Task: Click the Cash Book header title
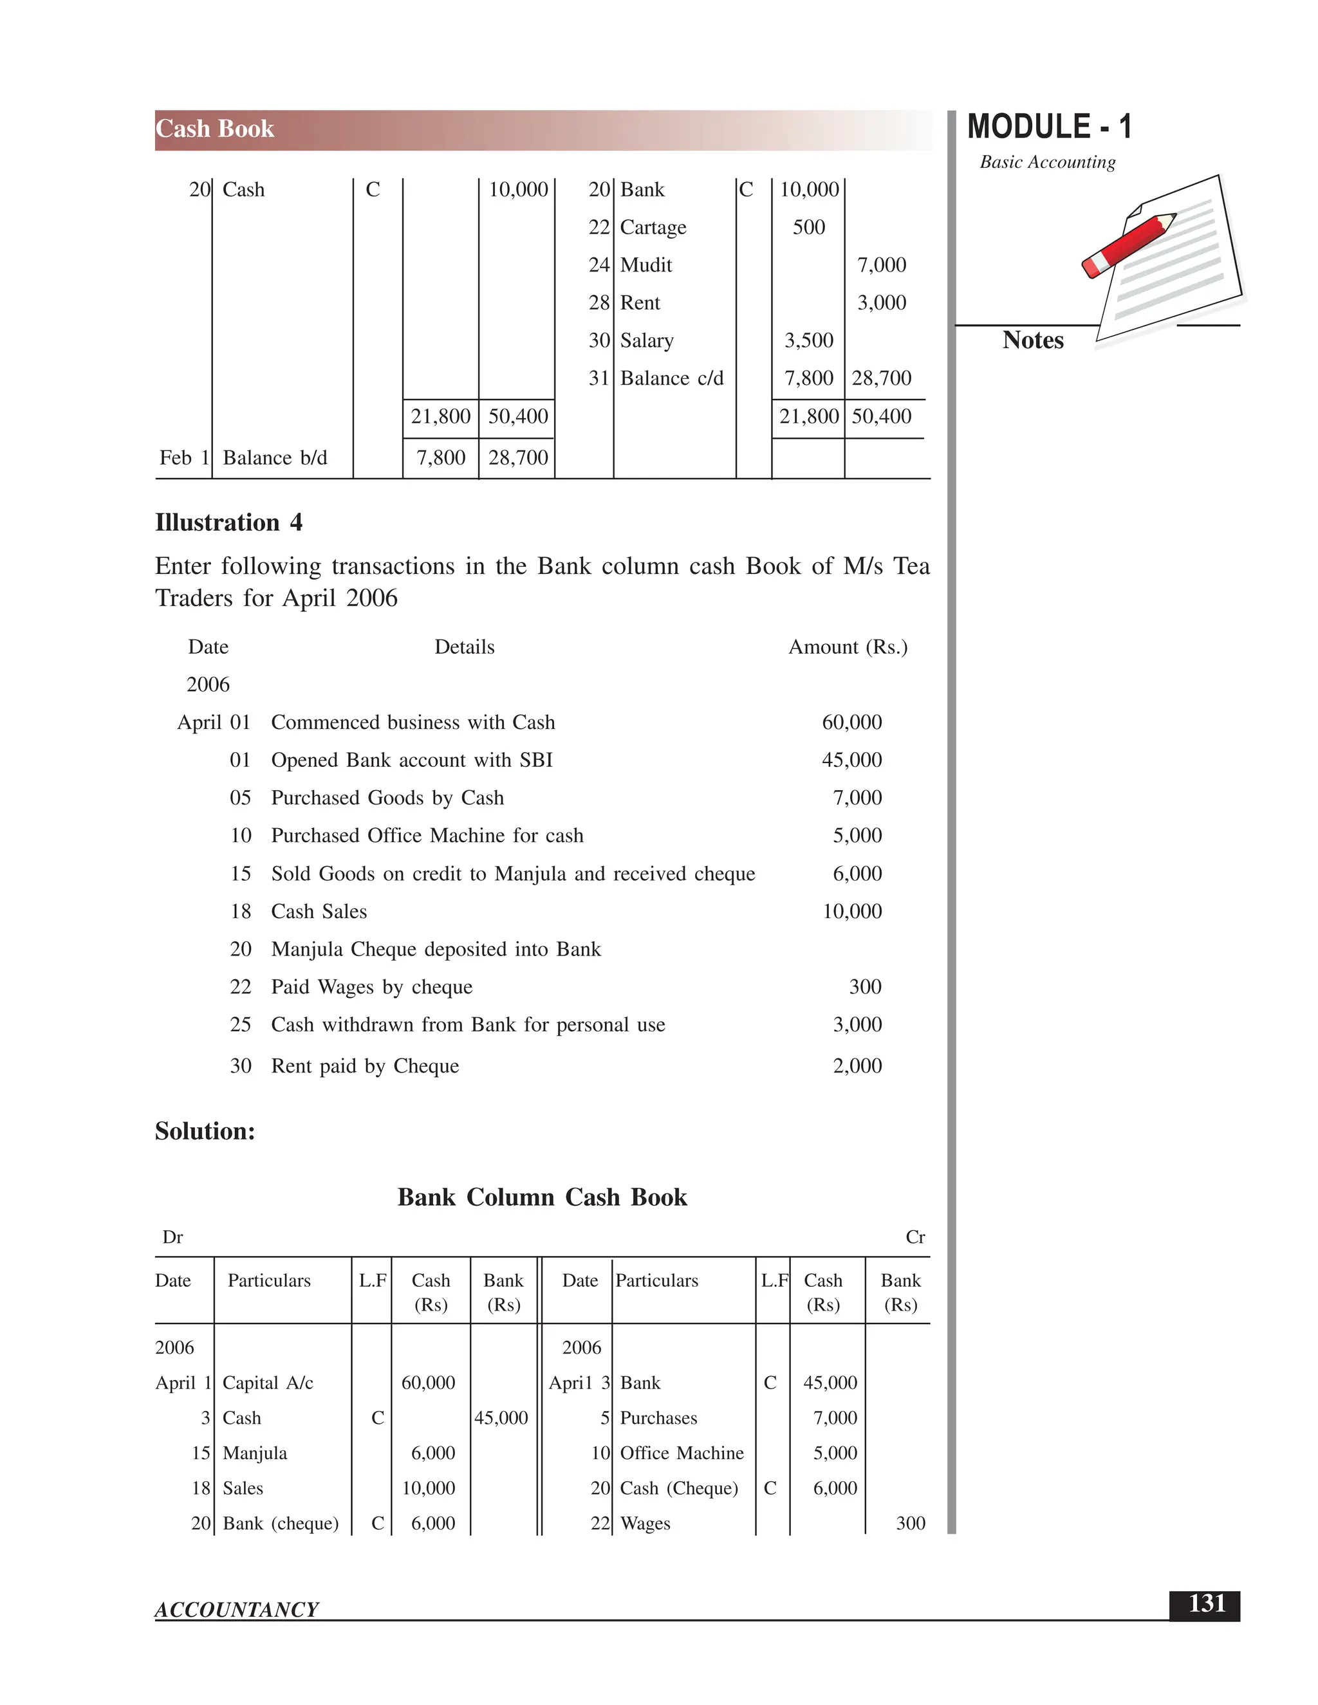click(215, 129)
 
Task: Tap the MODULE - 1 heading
click(1048, 127)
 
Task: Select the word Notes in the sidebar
click(1032, 340)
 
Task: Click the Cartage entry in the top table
click(653, 227)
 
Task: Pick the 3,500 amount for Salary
click(808, 340)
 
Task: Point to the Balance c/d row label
click(671, 378)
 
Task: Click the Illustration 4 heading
click(228, 522)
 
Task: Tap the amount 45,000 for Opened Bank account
click(851, 760)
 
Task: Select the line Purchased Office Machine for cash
click(427, 835)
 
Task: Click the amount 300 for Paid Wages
click(865, 987)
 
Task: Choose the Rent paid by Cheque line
click(365, 1065)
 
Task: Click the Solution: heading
click(205, 1131)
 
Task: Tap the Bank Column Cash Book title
click(542, 1197)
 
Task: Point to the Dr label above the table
click(172, 1237)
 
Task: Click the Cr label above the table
click(915, 1237)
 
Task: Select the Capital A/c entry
click(268, 1383)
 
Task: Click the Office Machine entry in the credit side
click(682, 1453)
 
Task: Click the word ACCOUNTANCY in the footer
click(237, 1610)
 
